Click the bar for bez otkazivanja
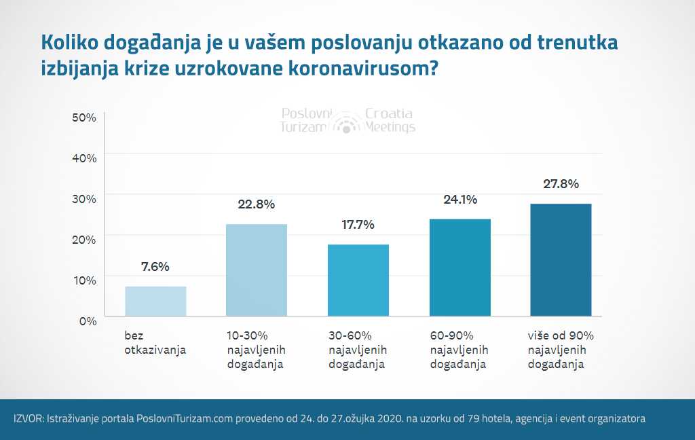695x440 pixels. [155, 301]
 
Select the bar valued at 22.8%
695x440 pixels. [257, 270]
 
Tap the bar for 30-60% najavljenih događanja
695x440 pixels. [358, 280]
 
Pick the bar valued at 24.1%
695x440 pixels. [460, 268]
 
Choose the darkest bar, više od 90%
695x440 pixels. [561, 259]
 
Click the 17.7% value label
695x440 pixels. [358, 225]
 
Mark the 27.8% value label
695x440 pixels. [561, 184]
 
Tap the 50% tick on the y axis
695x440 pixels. [84, 117]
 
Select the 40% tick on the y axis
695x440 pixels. [84, 158]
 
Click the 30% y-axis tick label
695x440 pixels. [84, 198]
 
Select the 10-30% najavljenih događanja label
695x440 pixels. [255, 350]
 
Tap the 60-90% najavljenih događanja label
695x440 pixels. [459, 350]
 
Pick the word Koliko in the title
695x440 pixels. [70, 42]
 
